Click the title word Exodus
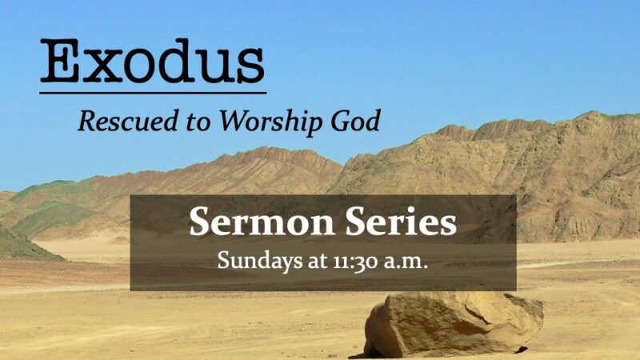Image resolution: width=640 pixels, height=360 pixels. click(152, 62)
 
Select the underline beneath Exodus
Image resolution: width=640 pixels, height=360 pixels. click(152, 93)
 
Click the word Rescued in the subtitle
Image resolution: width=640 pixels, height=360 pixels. click(122, 121)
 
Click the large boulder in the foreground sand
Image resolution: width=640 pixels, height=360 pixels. click(452, 323)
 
